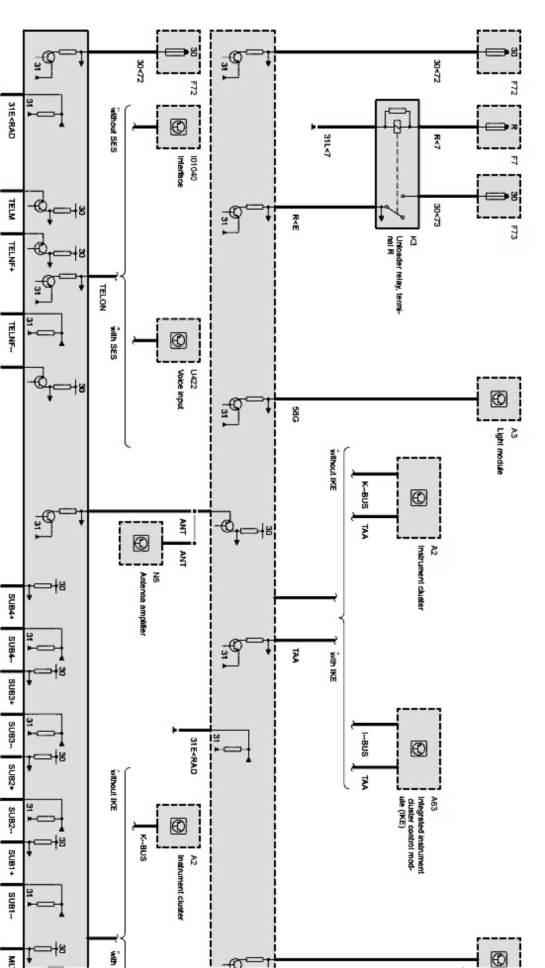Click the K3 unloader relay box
397,164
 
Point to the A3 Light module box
498,398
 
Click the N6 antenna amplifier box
140,543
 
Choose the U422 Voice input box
178,340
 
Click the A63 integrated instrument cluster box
418,748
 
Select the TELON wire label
102,296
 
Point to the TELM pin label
11,210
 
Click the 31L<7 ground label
327,146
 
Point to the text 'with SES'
113,342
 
